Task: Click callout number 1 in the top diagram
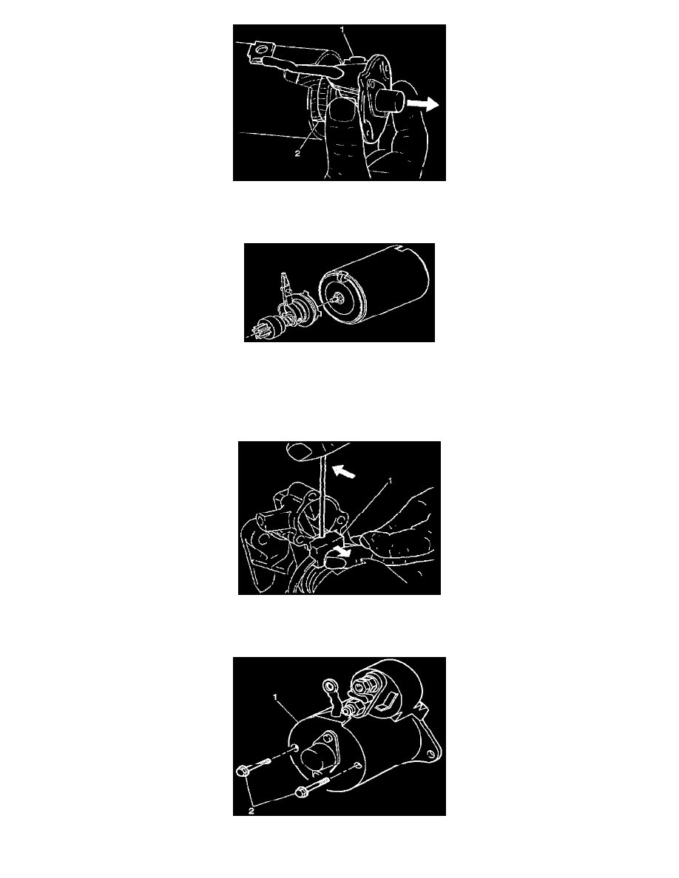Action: pos(342,29)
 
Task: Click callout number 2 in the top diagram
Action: pos(297,154)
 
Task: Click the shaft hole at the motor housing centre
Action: pos(336,298)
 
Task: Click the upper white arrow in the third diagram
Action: pos(344,472)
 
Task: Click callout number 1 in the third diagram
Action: pos(390,481)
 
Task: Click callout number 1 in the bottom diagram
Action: pos(276,697)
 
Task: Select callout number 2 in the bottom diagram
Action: pos(251,810)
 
